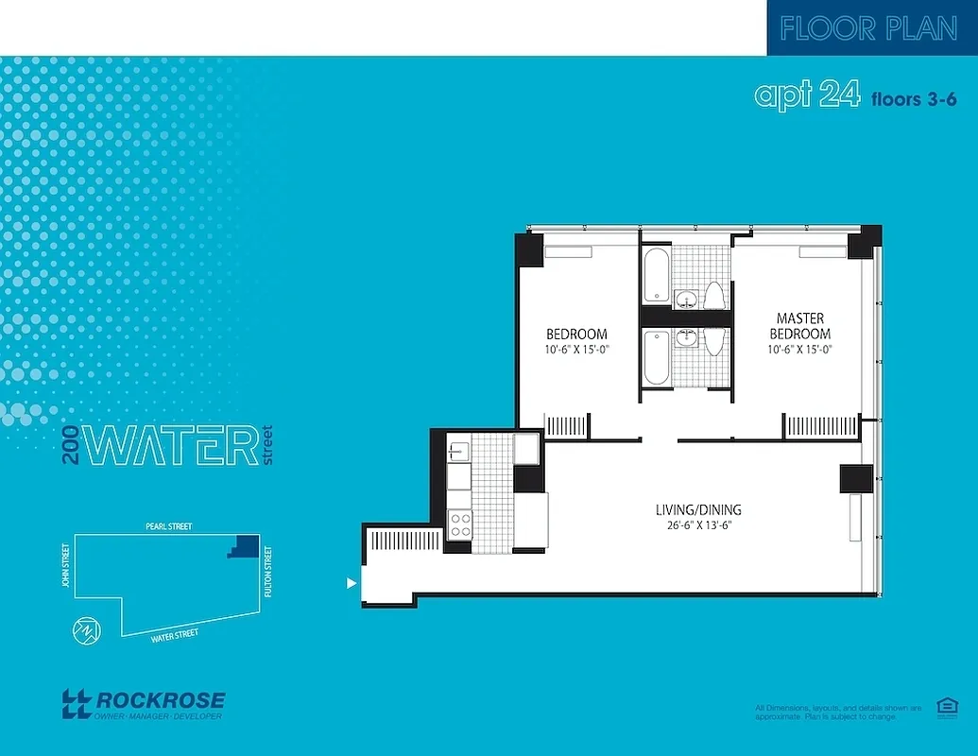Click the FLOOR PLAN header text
[x=868, y=28]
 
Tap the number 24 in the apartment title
[x=838, y=95]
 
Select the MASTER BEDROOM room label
[x=799, y=326]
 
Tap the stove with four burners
[x=460, y=524]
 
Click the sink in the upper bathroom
[x=687, y=300]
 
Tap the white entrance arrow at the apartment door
[x=352, y=584]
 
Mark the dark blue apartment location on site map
[x=246, y=545]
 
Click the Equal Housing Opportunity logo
[x=944, y=707]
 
